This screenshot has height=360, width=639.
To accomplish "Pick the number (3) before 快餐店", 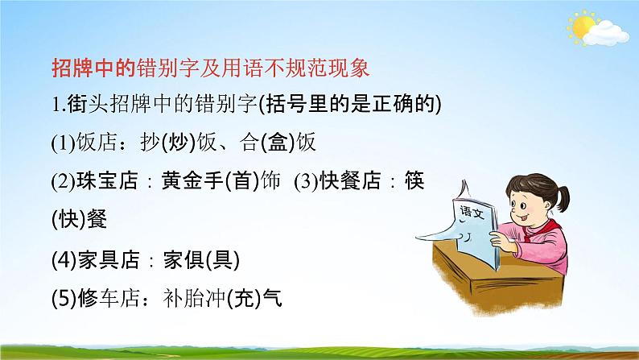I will coord(307,181).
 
